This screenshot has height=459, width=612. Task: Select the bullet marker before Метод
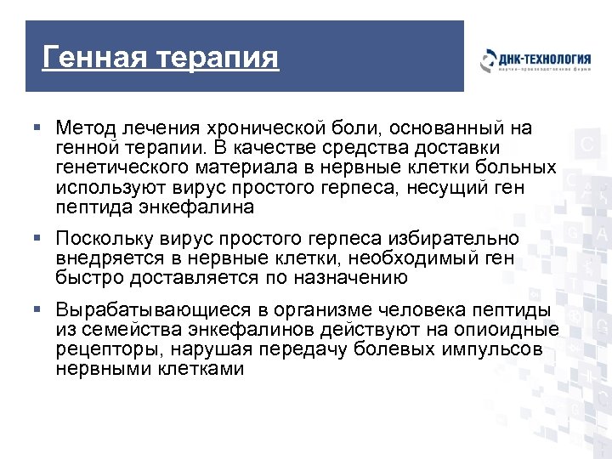click(x=37, y=128)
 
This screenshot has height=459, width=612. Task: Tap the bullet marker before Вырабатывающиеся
click(x=37, y=308)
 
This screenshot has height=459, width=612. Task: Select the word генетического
click(x=119, y=168)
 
